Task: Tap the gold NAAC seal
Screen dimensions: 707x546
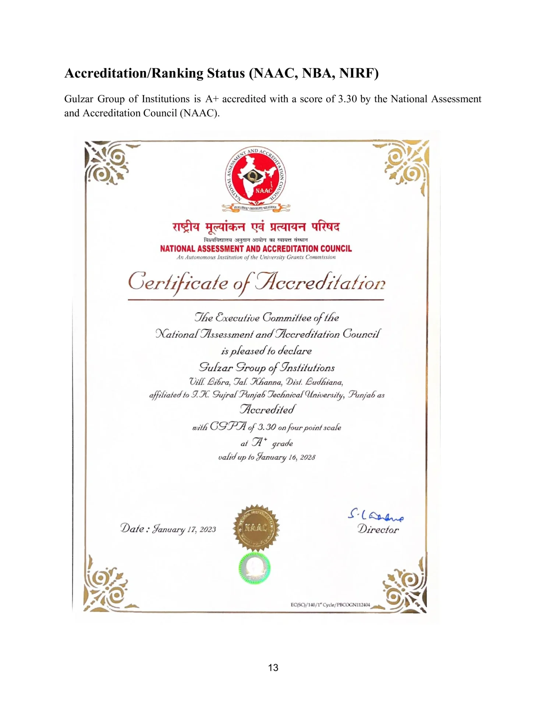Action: coord(256,528)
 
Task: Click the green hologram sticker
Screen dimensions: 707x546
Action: coord(254,567)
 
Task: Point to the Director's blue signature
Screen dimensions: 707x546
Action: coord(375,515)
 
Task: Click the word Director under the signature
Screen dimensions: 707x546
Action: coord(378,530)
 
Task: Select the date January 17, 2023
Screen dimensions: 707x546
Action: coord(184,530)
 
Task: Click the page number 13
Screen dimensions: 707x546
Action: coord(273,668)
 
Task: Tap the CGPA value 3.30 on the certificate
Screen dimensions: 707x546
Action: coord(267,427)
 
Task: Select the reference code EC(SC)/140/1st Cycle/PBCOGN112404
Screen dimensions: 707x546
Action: coord(330,605)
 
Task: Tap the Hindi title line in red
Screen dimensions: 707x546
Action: coord(256,227)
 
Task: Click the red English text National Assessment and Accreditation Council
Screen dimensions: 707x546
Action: coord(256,249)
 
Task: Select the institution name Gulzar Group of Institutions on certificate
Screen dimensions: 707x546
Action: coord(267,367)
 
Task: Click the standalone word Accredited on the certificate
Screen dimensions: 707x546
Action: coord(267,409)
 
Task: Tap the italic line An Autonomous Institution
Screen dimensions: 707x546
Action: coord(256,257)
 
